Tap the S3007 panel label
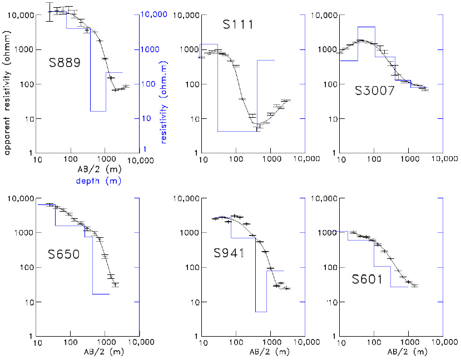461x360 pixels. [375, 91]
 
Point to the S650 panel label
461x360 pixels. [64, 255]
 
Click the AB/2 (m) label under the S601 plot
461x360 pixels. [408, 352]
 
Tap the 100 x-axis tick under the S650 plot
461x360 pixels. [71, 343]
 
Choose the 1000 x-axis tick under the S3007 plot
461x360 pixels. [409, 160]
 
